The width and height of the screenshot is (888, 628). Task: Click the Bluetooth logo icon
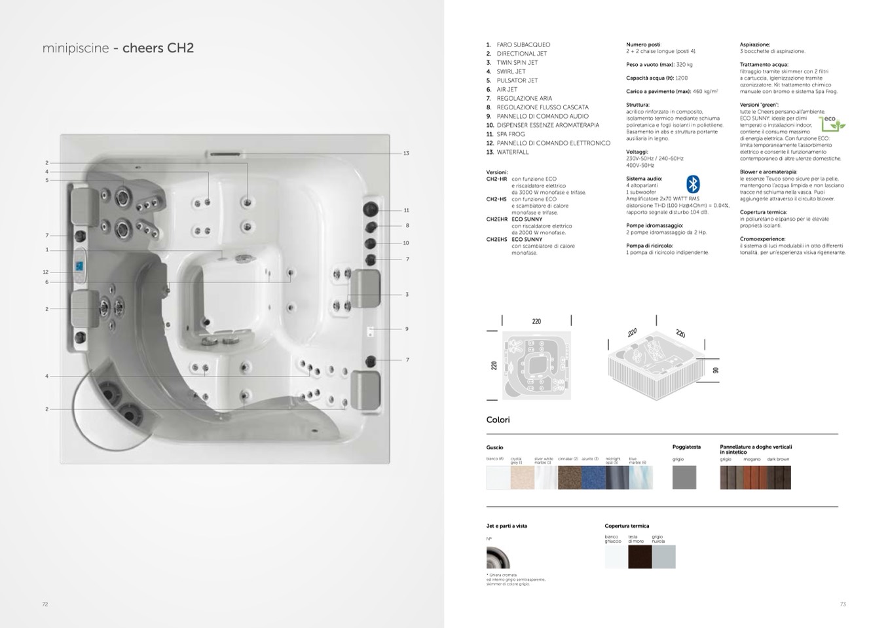pyautogui.click(x=693, y=184)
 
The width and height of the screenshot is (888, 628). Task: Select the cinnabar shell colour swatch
pyautogui.click(x=569, y=477)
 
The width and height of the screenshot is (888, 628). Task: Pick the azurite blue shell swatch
pyautogui.click(x=593, y=477)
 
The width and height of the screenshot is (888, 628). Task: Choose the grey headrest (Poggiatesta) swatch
pyautogui.click(x=684, y=477)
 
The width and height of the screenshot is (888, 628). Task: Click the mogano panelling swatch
pyautogui.click(x=755, y=477)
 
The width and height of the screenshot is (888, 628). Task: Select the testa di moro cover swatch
pyautogui.click(x=640, y=557)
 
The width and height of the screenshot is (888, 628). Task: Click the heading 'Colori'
pyautogui.click(x=498, y=420)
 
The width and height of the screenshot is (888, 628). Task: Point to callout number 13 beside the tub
pyautogui.click(x=406, y=153)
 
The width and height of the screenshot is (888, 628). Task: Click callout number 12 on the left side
pyautogui.click(x=46, y=272)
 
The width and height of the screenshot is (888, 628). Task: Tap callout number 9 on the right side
pyautogui.click(x=407, y=329)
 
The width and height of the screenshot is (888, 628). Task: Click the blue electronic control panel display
pyautogui.click(x=79, y=267)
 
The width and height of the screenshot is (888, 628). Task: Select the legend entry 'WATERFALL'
pyautogui.click(x=512, y=152)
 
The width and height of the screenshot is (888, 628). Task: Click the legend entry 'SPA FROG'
pyautogui.click(x=511, y=134)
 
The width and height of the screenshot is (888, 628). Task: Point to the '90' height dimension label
pyautogui.click(x=716, y=370)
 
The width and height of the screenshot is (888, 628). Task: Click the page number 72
pyautogui.click(x=45, y=604)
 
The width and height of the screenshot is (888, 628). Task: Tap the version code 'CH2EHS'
pyautogui.click(x=496, y=240)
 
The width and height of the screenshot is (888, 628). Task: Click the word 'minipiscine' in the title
pyautogui.click(x=75, y=48)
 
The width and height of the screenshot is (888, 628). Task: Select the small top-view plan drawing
pyautogui.click(x=536, y=365)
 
